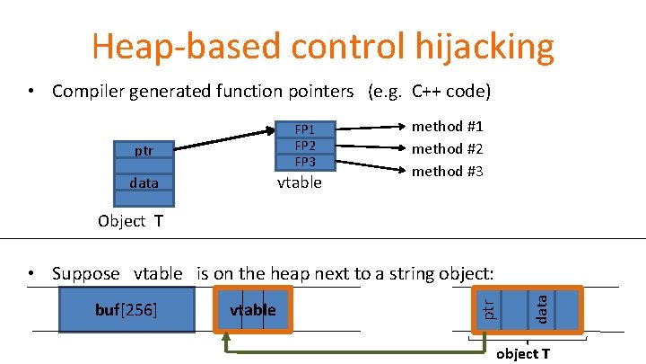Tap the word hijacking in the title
(x=476, y=46)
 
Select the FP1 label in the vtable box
(x=306, y=129)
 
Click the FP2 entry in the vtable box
(x=306, y=146)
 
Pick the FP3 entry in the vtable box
(x=306, y=162)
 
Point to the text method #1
(x=447, y=127)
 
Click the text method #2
(x=447, y=148)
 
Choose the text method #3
(x=447, y=170)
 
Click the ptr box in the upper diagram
(x=144, y=151)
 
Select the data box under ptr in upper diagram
(x=144, y=182)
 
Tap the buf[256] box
(x=127, y=310)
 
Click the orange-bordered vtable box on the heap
(x=253, y=310)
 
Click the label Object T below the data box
(x=131, y=221)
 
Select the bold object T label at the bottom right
(x=523, y=353)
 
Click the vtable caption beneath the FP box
(x=299, y=183)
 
